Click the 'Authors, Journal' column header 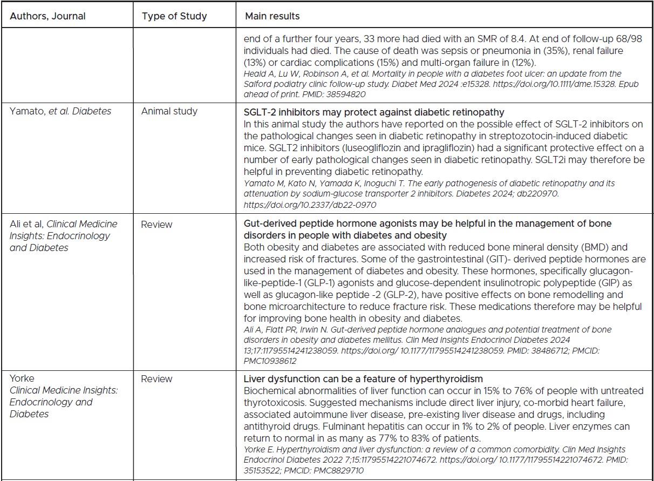47,16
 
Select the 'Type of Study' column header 174,16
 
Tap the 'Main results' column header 272,16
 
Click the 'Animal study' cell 169,111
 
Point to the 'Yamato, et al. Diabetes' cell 60,111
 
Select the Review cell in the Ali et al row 156,223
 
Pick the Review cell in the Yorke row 156,378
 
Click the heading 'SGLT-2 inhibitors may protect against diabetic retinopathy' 373,112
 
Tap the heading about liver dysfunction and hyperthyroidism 363,378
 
